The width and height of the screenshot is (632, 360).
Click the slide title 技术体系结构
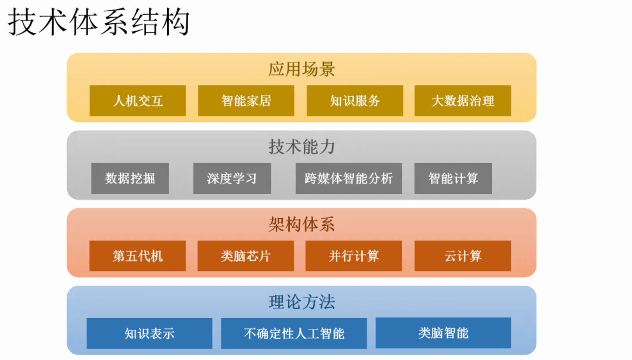click(99, 22)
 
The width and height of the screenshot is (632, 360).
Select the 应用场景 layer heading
click(302, 70)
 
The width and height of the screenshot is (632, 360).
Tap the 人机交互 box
click(137, 101)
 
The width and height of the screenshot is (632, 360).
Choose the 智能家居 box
click(246, 101)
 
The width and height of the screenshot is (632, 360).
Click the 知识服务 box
click(355, 101)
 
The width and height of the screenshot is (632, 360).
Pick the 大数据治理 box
click(463, 101)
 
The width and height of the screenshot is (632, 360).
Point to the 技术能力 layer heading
click(302, 147)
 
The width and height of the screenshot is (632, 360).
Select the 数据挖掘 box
click(130, 178)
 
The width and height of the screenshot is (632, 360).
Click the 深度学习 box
click(232, 178)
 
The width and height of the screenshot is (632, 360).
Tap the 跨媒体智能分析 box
click(349, 178)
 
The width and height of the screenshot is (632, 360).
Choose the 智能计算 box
click(453, 178)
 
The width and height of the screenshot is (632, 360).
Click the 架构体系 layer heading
click(302, 225)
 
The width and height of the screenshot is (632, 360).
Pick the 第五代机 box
click(137, 256)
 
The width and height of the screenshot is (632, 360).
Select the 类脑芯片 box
click(246, 256)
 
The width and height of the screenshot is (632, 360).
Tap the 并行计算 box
click(354, 256)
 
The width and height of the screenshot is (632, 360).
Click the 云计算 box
click(463, 256)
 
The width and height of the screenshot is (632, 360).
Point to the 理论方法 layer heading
click(302, 302)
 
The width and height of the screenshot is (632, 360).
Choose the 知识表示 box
click(150, 333)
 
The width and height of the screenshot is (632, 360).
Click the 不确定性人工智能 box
click(294, 333)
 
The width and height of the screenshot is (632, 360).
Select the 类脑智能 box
click(443, 333)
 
